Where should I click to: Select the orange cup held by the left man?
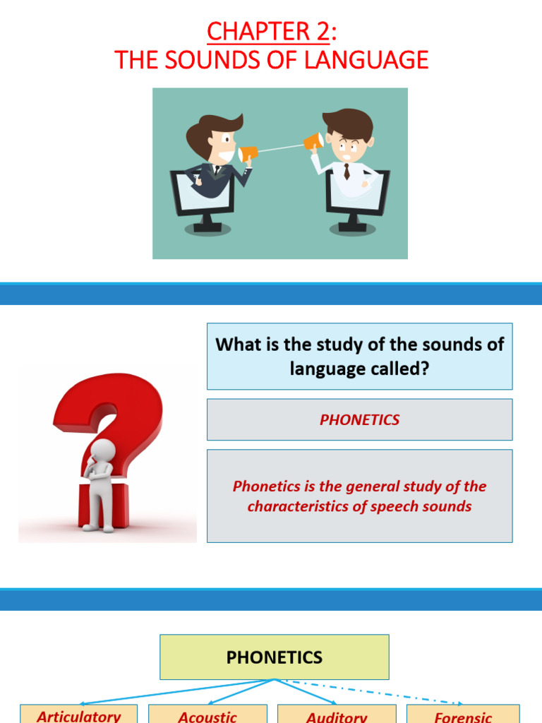click(x=248, y=153)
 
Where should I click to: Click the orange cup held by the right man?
click(x=313, y=143)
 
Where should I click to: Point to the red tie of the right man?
click(x=347, y=172)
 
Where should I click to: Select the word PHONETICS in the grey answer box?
click(x=359, y=419)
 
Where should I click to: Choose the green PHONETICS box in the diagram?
click(x=274, y=657)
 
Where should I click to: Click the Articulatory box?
click(x=78, y=715)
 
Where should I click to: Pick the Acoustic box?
click(x=207, y=715)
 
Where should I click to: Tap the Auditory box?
click(x=337, y=715)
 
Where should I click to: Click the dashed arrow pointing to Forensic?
click(x=381, y=693)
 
